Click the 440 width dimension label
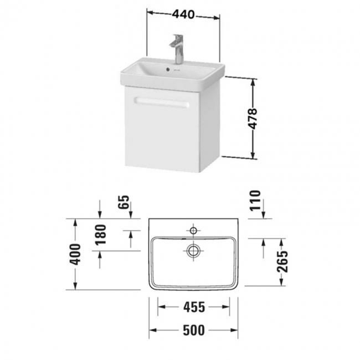point(183,15)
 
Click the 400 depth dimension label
point(80,254)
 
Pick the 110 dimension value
point(255,201)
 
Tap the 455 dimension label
point(194,306)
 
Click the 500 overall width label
point(194,330)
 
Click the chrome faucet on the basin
point(178,49)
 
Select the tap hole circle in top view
point(193,229)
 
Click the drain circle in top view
point(193,250)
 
